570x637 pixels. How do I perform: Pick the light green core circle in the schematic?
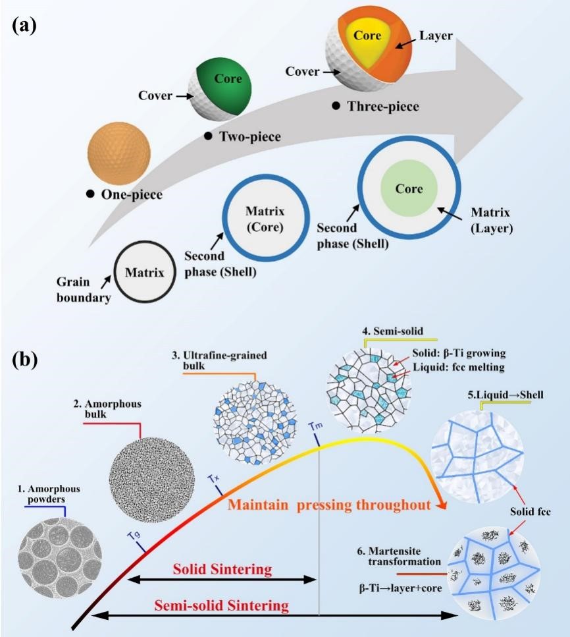point(407,189)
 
